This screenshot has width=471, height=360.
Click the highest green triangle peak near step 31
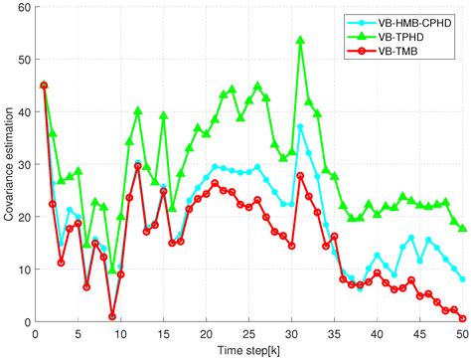coord(300,41)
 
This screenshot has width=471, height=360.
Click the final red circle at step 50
coord(464,318)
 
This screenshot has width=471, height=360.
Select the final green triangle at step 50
coord(464,228)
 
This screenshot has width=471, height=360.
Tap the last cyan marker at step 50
coord(464,278)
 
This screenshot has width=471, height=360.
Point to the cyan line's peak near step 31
coord(300,126)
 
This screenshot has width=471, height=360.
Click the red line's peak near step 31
coord(300,175)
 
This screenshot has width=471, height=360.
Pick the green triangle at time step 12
coord(138,110)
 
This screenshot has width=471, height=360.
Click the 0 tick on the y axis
coord(26,320)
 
